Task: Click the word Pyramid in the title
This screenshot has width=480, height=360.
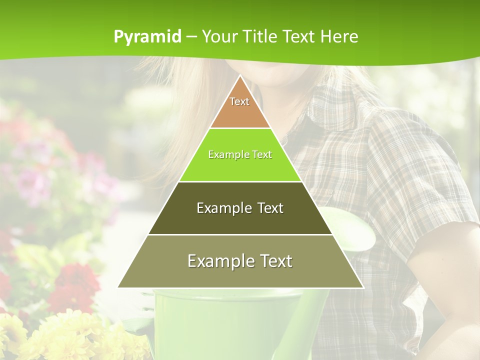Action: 147,37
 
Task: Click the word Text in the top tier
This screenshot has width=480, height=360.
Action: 239,101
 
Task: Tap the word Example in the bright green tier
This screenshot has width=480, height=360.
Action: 224,154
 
